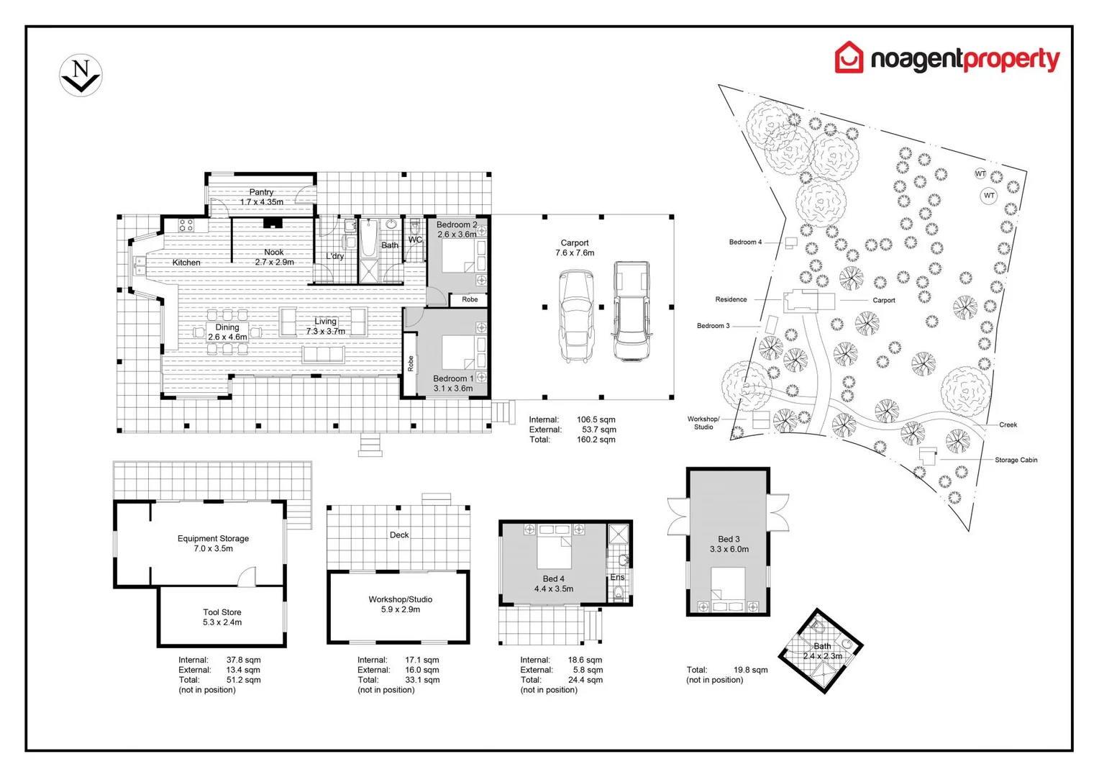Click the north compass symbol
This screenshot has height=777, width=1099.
click(81, 75)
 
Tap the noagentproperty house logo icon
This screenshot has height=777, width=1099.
click(849, 57)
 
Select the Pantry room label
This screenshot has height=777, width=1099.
click(261, 192)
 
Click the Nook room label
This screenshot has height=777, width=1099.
click(273, 253)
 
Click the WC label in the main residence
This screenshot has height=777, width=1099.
click(415, 240)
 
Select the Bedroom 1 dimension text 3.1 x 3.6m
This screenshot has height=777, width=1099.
click(453, 388)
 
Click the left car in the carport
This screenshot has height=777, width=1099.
click(577, 316)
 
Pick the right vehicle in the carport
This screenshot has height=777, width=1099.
click(631, 311)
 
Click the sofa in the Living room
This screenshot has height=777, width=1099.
click(324, 355)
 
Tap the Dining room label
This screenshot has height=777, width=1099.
click(227, 327)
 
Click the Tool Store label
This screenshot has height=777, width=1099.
click(222, 612)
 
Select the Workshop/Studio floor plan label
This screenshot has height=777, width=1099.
click(400, 599)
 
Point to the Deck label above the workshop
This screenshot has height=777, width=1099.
click(399, 535)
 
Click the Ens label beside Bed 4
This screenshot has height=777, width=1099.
click(617, 577)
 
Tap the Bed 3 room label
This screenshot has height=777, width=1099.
click(729, 539)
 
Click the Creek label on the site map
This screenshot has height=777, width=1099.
click(1008, 424)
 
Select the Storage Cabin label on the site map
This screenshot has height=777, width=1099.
click(1016, 460)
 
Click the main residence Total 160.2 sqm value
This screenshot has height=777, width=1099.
click(596, 440)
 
